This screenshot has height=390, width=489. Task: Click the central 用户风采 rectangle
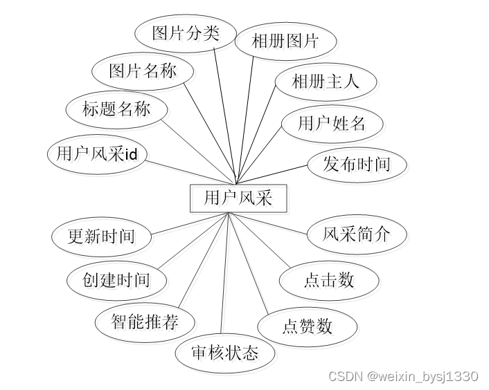238,198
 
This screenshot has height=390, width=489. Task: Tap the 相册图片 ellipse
285,41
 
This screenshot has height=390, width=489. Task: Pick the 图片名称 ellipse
143,71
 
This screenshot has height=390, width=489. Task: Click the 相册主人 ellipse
326,82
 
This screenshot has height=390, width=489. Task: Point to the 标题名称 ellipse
116,109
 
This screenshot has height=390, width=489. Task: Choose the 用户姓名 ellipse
331,124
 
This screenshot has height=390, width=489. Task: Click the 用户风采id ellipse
97,154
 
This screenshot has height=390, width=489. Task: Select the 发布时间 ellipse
357,164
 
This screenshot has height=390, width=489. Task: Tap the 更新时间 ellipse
101,236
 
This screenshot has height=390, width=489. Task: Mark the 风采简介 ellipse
356,234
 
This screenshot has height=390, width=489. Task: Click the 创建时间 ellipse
116,280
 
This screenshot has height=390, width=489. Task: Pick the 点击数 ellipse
329,280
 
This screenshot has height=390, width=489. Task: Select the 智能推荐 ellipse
145,322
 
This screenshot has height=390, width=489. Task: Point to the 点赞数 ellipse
308,326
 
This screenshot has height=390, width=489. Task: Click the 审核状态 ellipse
225,353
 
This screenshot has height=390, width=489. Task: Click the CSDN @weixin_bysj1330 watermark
403,376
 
